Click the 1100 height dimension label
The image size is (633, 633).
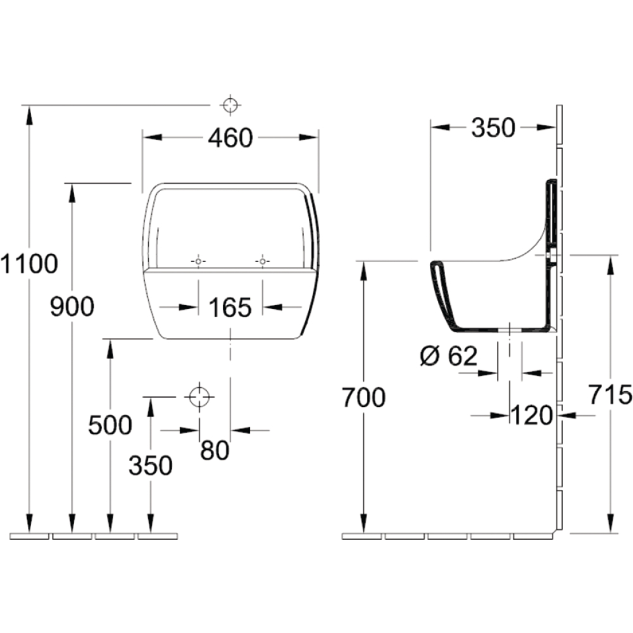[29, 264]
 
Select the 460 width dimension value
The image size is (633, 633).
[230, 137]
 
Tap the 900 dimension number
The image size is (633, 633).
[72, 306]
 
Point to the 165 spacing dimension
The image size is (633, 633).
[230, 308]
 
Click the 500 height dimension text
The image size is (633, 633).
[110, 425]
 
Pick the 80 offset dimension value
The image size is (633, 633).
[215, 451]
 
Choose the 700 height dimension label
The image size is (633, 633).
[364, 398]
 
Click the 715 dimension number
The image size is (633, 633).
[610, 394]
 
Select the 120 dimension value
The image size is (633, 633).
[532, 415]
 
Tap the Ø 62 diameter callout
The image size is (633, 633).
[449, 356]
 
